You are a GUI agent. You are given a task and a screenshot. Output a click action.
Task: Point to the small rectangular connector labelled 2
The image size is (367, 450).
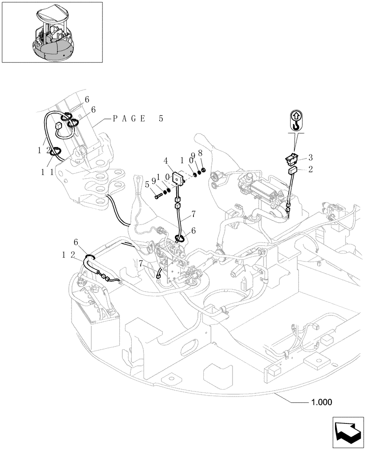293,170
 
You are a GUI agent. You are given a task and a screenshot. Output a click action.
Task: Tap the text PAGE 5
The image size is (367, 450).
138,119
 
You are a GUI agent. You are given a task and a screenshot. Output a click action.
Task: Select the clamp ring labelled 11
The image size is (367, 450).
55,153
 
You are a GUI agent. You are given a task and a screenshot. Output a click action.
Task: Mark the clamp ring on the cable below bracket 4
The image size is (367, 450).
179,239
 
